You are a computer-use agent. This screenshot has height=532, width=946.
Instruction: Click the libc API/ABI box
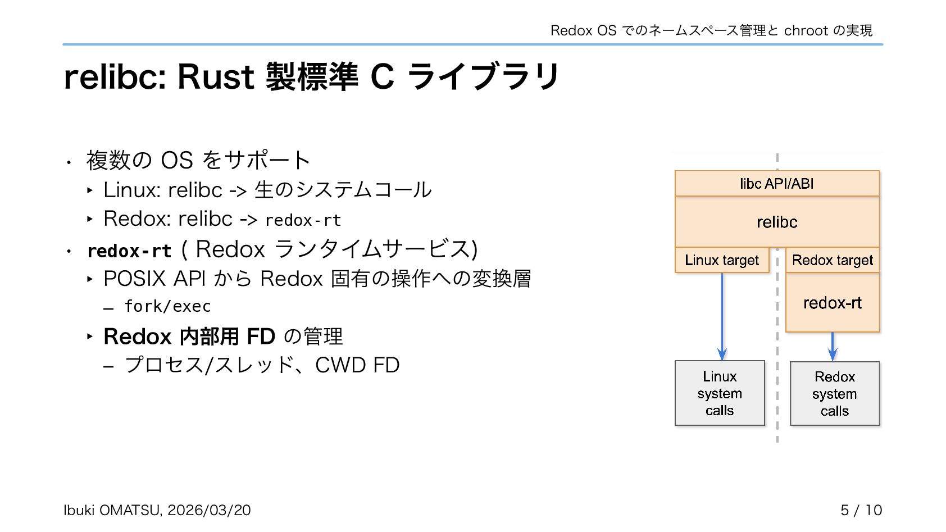[777, 184]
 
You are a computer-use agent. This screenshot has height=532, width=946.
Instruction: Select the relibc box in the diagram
[777, 222]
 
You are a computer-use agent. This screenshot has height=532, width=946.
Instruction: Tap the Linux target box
[722, 260]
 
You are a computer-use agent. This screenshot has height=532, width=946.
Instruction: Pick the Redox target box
[833, 260]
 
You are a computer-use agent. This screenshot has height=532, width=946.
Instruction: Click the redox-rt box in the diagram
[833, 303]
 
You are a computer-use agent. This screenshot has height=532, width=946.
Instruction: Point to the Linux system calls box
[720, 393]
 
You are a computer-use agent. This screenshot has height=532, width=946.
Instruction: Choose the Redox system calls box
[835, 394]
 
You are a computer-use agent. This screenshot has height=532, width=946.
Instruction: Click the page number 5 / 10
[861, 510]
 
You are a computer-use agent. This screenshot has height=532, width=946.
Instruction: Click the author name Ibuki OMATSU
[112, 510]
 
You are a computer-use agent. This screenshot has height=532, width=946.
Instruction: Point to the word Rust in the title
[216, 77]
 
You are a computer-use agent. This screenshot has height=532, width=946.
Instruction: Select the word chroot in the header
[806, 30]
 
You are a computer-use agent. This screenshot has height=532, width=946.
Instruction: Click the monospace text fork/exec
[167, 306]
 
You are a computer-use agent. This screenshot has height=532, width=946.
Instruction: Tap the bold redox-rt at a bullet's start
[129, 251]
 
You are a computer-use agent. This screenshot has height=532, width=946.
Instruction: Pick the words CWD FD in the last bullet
[357, 365]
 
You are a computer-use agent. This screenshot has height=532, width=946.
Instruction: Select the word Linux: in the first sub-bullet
[132, 190]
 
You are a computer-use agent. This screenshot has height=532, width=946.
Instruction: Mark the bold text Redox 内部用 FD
[189, 337]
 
